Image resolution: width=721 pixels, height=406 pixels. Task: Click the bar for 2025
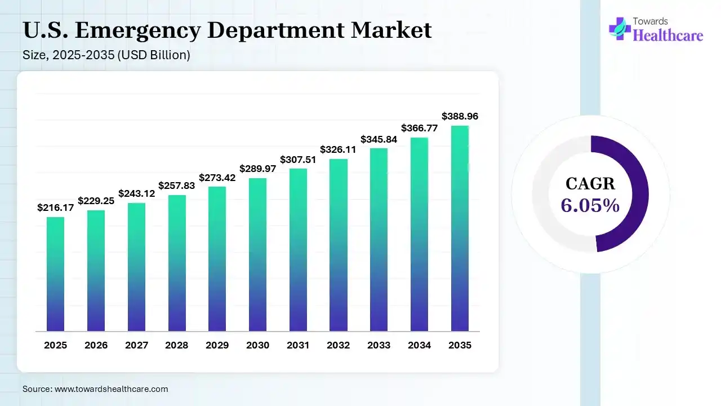tap(55, 274)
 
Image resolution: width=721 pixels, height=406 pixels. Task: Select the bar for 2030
tap(257, 255)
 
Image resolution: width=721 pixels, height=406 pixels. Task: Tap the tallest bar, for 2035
tap(460, 228)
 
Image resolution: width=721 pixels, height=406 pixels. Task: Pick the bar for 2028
tap(177, 263)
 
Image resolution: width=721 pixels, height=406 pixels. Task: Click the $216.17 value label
tap(55, 208)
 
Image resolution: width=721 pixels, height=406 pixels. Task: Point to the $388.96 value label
tap(460, 116)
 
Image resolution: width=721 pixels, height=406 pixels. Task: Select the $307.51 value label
tap(298, 160)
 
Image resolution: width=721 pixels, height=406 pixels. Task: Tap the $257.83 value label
tap(177, 186)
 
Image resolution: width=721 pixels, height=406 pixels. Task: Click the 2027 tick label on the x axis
tap(136, 345)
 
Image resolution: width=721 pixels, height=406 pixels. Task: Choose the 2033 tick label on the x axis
tap(379, 345)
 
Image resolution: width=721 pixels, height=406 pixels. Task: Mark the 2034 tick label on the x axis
tap(419, 345)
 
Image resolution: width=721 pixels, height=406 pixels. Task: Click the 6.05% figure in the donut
tap(590, 206)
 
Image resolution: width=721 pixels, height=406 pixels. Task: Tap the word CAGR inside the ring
tap(590, 184)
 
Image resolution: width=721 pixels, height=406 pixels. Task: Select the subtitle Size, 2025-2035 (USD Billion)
tap(106, 55)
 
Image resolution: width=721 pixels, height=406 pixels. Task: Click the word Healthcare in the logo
tap(668, 36)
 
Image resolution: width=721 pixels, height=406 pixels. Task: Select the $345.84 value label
tap(379, 139)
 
